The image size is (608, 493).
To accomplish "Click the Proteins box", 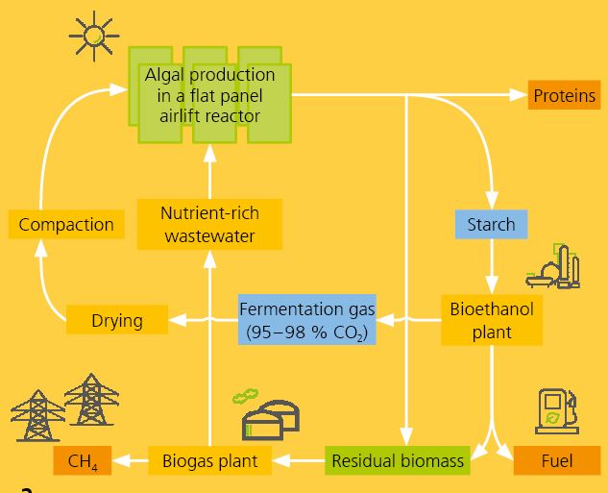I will [565, 95].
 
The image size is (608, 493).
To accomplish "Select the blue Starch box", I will [491, 225].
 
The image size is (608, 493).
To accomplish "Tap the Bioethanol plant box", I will [491, 321].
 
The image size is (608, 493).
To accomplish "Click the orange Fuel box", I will [556, 461].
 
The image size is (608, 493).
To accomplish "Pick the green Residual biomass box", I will [397, 461].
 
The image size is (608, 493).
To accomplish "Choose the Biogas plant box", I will [209, 461].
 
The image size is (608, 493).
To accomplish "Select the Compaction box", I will [66, 225].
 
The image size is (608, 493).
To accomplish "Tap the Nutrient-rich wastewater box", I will [209, 225].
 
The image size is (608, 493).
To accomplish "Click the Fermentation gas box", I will [306, 321].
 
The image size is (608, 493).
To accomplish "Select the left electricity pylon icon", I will [36, 414].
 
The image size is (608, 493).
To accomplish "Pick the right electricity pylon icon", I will [91, 400].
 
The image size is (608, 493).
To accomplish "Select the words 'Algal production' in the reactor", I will [209, 75].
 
